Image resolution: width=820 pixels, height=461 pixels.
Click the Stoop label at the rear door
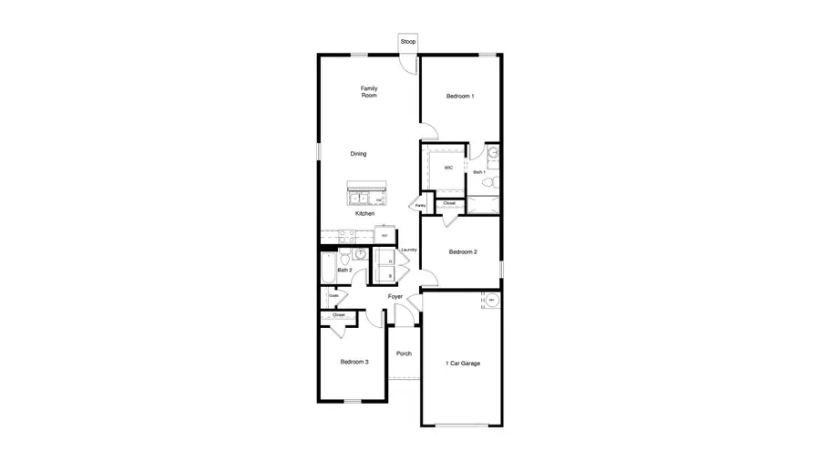[x=407, y=42]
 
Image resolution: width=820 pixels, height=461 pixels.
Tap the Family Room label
[x=369, y=91]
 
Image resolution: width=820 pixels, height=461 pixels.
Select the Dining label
[x=359, y=154]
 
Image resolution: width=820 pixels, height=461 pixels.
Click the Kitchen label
[x=364, y=213]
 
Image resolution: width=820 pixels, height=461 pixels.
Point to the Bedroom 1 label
[x=459, y=96]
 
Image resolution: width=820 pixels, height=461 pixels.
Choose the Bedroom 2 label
[x=463, y=251]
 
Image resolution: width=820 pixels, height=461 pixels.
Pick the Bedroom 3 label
[x=354, y=362]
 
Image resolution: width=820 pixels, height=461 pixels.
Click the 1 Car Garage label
[x=462, y=364]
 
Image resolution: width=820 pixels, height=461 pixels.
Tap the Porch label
[x=404, y=353]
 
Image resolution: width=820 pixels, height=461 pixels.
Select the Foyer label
[x=395, y=297]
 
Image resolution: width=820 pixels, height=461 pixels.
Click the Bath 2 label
[x=344, y=270]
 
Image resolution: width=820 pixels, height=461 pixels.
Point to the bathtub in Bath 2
[x=327, y=268]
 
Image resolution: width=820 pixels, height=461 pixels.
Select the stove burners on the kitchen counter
[x=346, y=235]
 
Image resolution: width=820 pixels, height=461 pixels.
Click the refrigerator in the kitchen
[x=384, y=236]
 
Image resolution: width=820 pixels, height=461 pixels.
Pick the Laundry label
[x=409, y=250]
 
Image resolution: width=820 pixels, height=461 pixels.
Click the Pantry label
[x=420, y=206]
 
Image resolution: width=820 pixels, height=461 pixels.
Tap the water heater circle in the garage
[x=490, y=301]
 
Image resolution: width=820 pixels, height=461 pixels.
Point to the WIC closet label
[x=448, y=169]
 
